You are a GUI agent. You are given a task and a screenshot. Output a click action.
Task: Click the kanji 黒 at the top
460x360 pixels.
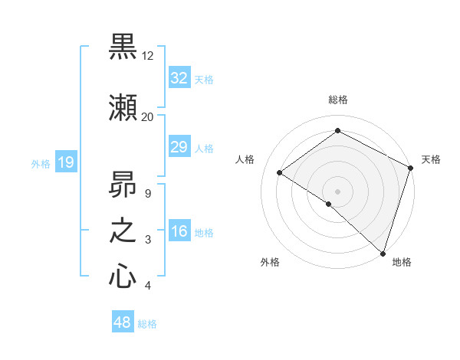pos(123,47)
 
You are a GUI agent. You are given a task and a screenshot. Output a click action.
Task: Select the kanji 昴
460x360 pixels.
pos(123,185)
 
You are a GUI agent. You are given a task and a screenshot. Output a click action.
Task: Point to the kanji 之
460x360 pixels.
pos(123,231)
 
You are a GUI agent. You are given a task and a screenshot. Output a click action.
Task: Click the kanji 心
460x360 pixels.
pos(123,277)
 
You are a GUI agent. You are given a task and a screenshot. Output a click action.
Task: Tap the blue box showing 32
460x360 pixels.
pos(179,77)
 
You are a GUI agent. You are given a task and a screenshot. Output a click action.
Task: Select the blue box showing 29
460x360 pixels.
pos(179,147)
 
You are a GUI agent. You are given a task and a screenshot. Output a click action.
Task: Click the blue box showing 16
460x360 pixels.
pos(179,231)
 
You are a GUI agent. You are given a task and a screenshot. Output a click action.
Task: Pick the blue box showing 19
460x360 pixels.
pos(65,162)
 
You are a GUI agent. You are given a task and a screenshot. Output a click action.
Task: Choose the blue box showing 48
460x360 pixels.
pos(123,322)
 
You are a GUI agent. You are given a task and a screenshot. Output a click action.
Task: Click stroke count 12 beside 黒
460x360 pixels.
pos(148,56)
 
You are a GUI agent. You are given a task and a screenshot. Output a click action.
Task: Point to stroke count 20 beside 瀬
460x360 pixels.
pos(147,117)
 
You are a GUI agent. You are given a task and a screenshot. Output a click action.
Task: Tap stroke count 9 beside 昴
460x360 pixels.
pos(147,194)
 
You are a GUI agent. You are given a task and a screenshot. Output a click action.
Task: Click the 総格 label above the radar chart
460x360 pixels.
pos(338,100)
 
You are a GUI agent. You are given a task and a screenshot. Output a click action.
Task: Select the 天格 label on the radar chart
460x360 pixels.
pos(431,159)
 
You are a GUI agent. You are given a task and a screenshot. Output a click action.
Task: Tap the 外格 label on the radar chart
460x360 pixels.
pos(270,262)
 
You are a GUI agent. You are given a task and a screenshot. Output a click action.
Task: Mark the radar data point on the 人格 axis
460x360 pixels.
pos(280,172)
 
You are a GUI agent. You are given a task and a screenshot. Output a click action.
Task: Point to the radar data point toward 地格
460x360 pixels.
pos(382,253)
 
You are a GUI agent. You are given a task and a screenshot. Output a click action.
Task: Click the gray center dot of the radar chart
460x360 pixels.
pos(337,191)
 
